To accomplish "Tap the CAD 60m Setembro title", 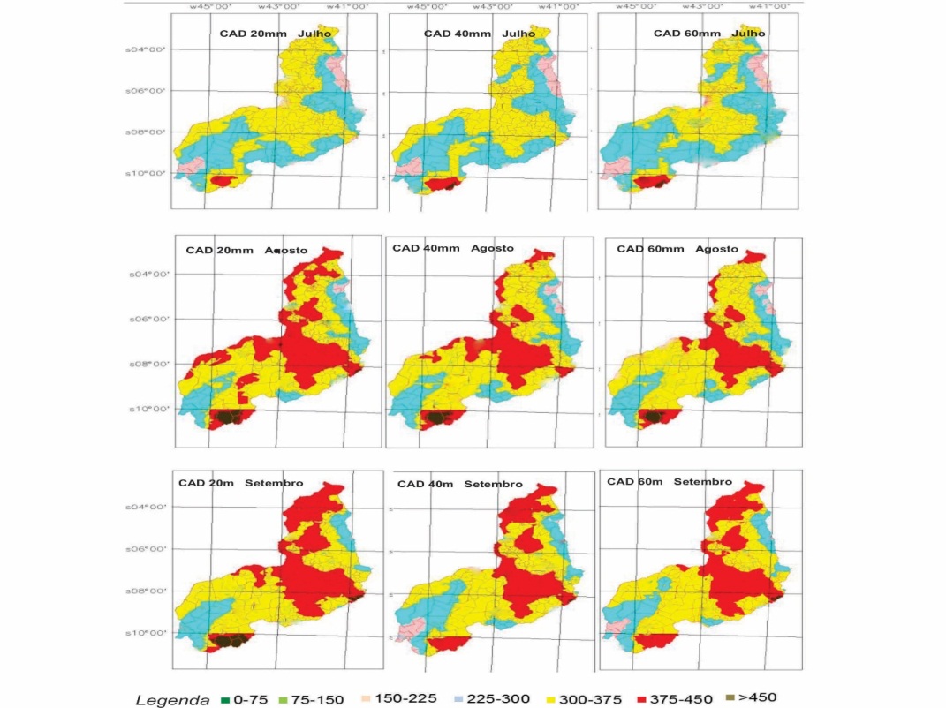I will pos(670,482).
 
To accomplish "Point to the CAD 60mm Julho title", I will pos(708,34).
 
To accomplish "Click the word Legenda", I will pos(172,700).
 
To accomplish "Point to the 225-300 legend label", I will pos(502,699).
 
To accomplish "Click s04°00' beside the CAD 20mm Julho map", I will pos(148,50).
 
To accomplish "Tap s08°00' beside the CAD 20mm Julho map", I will pos(148,132).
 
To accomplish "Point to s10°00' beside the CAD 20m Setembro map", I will pos(148,632).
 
